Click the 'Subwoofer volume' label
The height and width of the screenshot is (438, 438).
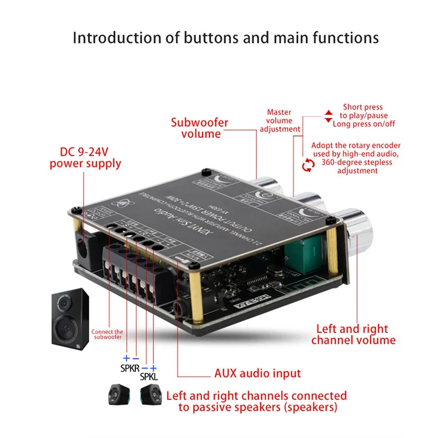(199, 128)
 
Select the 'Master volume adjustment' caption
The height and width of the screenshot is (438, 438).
(279, 121)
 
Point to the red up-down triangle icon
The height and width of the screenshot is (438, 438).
(328, 116)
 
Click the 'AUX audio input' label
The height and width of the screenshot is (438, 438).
(257, 373)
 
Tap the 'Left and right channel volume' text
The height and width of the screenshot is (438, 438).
(353, 335)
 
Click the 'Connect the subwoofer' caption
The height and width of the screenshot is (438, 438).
(107, 335)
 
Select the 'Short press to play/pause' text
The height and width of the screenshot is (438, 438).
(362, 111)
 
